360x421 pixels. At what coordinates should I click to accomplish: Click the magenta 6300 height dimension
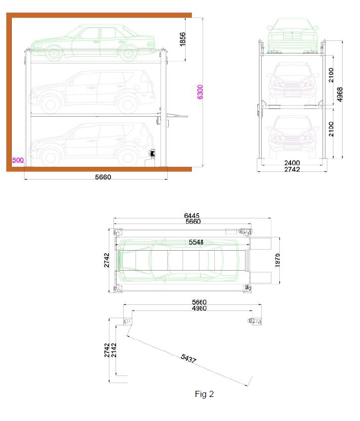tap(200, 92)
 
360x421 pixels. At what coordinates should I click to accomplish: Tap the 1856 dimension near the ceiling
tap(182, 39)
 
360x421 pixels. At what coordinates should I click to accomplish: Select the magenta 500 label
tap(18, 160)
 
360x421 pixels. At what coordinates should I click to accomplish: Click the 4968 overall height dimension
tap(340, 95)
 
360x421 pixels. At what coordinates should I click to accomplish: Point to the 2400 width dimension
tap(292, 163)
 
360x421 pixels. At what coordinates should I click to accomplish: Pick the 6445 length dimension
tap(192, 215)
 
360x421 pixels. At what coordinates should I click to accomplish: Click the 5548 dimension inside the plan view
tap(196, 242)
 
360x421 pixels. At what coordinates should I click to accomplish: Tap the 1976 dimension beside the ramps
tap(277, 260)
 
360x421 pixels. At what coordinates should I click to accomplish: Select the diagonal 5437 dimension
tap(188, 358)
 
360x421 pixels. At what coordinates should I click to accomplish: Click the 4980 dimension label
tap(199, 308)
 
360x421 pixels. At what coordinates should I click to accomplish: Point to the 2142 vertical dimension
tap(114, 350)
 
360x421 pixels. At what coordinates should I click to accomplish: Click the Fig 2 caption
tap(205, 394)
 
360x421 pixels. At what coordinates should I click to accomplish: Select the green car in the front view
tap(292, 35)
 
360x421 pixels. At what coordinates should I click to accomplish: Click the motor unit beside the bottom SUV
tap(152, 154)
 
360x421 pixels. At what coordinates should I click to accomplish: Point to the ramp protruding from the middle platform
tap(177, 116)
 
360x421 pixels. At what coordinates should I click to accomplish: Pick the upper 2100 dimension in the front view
tap(331, 75)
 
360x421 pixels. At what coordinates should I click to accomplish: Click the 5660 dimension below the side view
tap(103, 177)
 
